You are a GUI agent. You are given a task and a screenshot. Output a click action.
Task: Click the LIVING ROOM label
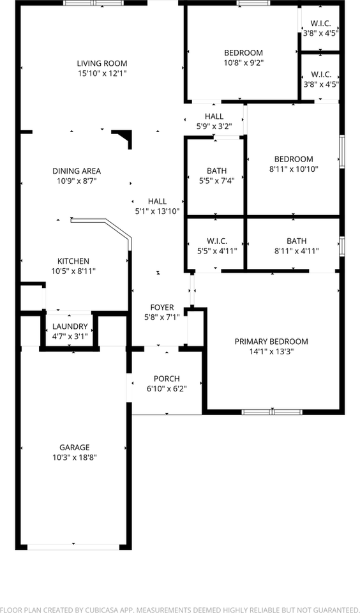[102, 63]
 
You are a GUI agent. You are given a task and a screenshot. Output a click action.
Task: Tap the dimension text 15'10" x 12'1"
[102, 73]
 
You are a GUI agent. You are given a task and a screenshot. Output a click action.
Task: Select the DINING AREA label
[77, 170]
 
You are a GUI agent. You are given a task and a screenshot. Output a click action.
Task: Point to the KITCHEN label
[73, 261]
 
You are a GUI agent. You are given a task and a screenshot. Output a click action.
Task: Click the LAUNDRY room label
[70, 326]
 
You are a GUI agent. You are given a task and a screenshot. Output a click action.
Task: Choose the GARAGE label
[75, 447]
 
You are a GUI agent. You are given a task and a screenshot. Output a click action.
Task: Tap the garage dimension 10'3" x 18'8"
[75, 457]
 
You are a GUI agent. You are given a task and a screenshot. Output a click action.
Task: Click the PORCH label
[167, 378]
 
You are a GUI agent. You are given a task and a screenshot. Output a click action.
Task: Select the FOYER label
[162, 307]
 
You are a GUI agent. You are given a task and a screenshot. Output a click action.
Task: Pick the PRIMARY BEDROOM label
[271, 341]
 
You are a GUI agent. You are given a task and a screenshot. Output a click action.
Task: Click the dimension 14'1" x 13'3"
[271, 351]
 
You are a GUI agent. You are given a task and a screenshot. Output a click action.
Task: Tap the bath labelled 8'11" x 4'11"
[296, 241]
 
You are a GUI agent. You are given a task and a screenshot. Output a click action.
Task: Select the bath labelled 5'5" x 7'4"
[217, 170]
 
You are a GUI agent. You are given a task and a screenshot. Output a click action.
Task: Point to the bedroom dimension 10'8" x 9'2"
[243, 63]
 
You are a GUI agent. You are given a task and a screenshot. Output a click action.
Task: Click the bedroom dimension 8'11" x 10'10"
[294, 169]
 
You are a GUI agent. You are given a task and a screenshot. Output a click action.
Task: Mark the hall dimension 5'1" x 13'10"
[157, 211]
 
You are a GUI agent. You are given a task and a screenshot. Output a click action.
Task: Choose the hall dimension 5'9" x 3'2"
[214, 126]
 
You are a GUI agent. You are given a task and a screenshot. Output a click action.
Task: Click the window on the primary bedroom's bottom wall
[272, 412]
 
